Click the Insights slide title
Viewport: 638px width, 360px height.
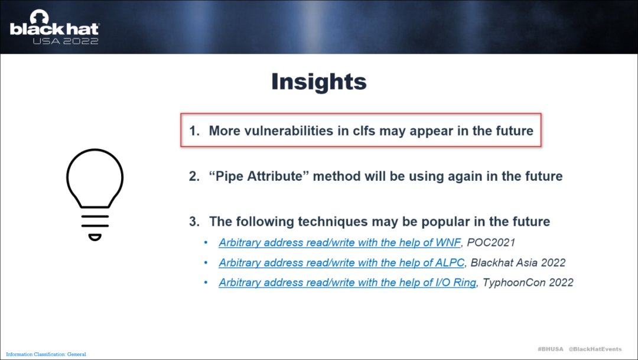tap(319, 82)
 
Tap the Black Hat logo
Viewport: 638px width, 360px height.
tap(54, 27)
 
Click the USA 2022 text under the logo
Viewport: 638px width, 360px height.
tap(66, 41)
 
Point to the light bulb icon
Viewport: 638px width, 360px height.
tap(95, 194)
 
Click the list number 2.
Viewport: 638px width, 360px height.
tap(194, 176)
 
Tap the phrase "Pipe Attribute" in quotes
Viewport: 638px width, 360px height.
tap(259, 176)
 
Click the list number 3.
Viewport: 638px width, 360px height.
tap(194, 222)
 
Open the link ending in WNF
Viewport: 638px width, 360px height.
tap(340, 243)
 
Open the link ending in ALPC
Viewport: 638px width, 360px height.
tap(341, 262)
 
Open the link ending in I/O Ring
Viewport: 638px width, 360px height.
tap(347, 283)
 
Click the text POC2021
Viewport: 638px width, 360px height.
tap(491, 243)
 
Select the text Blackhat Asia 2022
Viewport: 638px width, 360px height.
tap(518, 262)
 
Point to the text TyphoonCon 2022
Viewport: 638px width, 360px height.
tap(528, 283)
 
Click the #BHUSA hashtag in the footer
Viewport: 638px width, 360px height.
tap(551, 349)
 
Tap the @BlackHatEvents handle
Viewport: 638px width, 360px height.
tap(595, 349)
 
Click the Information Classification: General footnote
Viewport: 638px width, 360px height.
tap(46, 354)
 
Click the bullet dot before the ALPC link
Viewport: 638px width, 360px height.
tap(206, 262)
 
